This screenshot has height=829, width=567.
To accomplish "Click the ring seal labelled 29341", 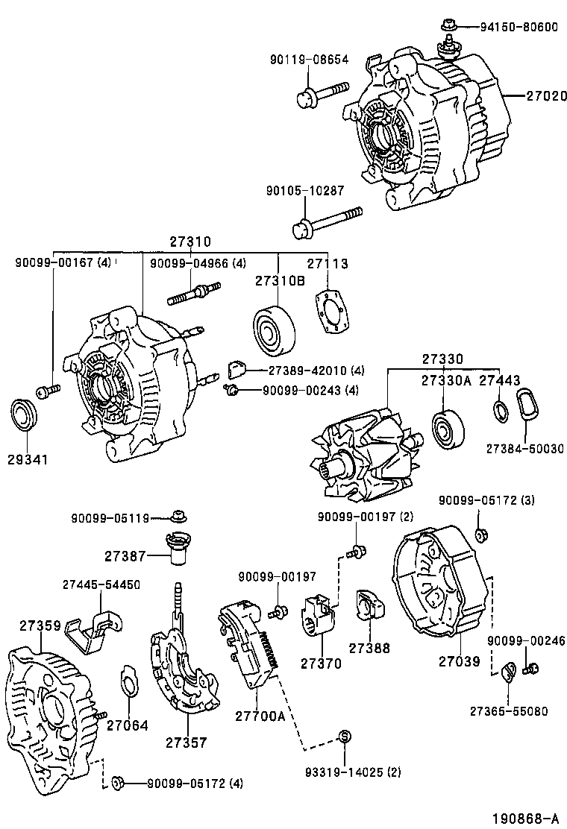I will click(27, 415).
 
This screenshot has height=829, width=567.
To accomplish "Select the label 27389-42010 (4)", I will click(306, 370).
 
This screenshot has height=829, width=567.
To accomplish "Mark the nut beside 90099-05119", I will click(178, 516).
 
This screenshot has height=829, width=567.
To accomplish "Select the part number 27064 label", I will click(127, 724).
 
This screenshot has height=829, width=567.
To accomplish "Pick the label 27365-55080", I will click(507, 710).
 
